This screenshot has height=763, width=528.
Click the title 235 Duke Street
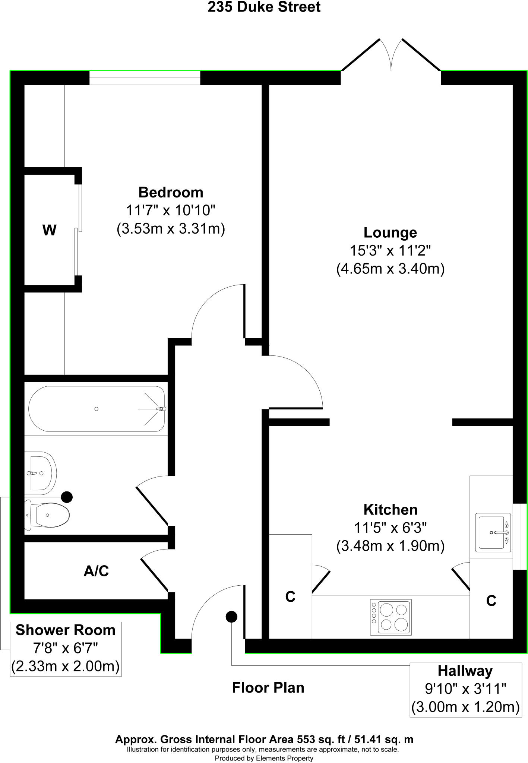pos(264,7)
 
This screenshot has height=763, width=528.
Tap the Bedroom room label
pos(171,193)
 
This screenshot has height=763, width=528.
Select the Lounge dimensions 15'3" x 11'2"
pos(390,250)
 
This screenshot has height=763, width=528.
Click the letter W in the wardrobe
pos(50,230)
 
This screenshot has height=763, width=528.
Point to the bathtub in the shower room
pos(97,409)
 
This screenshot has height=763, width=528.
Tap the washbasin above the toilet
pos(40,473)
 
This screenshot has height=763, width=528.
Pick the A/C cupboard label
pos(96,571)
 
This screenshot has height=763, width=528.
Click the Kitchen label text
pos(390,510)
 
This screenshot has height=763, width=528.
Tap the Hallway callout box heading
pos(465,671)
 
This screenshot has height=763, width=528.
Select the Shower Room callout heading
pos(66,630)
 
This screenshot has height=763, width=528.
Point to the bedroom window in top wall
pos(145,78)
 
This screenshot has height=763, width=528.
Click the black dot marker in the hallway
pos(231,617)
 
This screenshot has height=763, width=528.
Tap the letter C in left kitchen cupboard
pos(290,597)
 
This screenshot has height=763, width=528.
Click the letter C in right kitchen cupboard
pos(491,601)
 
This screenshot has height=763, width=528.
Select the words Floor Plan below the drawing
pos(268,688)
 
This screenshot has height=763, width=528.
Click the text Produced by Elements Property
pos(264,758)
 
